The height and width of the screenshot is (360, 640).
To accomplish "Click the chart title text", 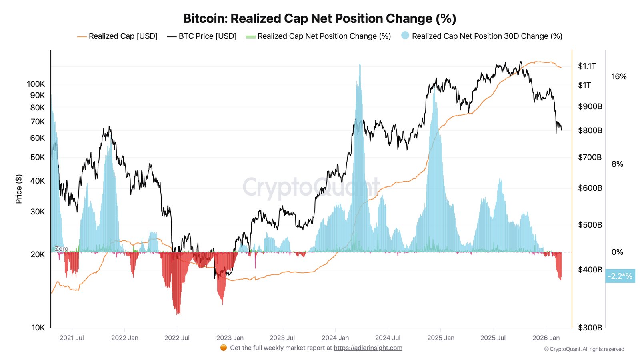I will click(x=319, y=18).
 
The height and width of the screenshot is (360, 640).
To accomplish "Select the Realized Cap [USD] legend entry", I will click(x=118, y=36).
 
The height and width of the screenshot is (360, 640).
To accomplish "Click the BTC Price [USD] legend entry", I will click(x=202, y=36).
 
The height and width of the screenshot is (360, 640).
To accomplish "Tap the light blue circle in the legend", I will click(x=405, y=36).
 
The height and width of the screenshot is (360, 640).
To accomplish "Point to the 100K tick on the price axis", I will click(x=36, y=84).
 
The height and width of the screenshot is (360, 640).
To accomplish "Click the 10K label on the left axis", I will click(x=38, y=328).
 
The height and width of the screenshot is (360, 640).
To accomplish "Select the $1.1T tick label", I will click(x=587, y=66).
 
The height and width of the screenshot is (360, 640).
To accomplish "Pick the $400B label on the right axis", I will click(x=590, y=270).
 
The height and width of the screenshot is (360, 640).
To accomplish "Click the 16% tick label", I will click(x=619, y=76).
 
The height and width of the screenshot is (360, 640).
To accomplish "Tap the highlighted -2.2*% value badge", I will click(x=620, y=276).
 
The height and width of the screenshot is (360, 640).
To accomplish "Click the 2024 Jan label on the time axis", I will click(x=335, y=338).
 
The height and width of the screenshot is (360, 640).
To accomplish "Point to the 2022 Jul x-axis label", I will click(x=177, y=338).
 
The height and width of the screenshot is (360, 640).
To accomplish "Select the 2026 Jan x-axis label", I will click(x=546, y=338).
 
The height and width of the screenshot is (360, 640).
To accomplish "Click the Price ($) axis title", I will click(x=19, y=189).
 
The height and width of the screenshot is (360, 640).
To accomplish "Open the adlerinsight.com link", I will click(x=368, y=348).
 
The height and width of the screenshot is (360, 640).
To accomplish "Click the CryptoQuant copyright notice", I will click(x=584, y=349).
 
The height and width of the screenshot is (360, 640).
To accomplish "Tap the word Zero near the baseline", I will click(x=61, y=248).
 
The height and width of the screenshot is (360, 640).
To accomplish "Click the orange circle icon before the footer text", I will click(x=224, y=348).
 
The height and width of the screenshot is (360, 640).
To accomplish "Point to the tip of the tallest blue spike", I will click(x=360, y=63).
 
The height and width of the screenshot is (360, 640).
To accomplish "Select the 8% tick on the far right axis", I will click(x=617, y=164).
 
